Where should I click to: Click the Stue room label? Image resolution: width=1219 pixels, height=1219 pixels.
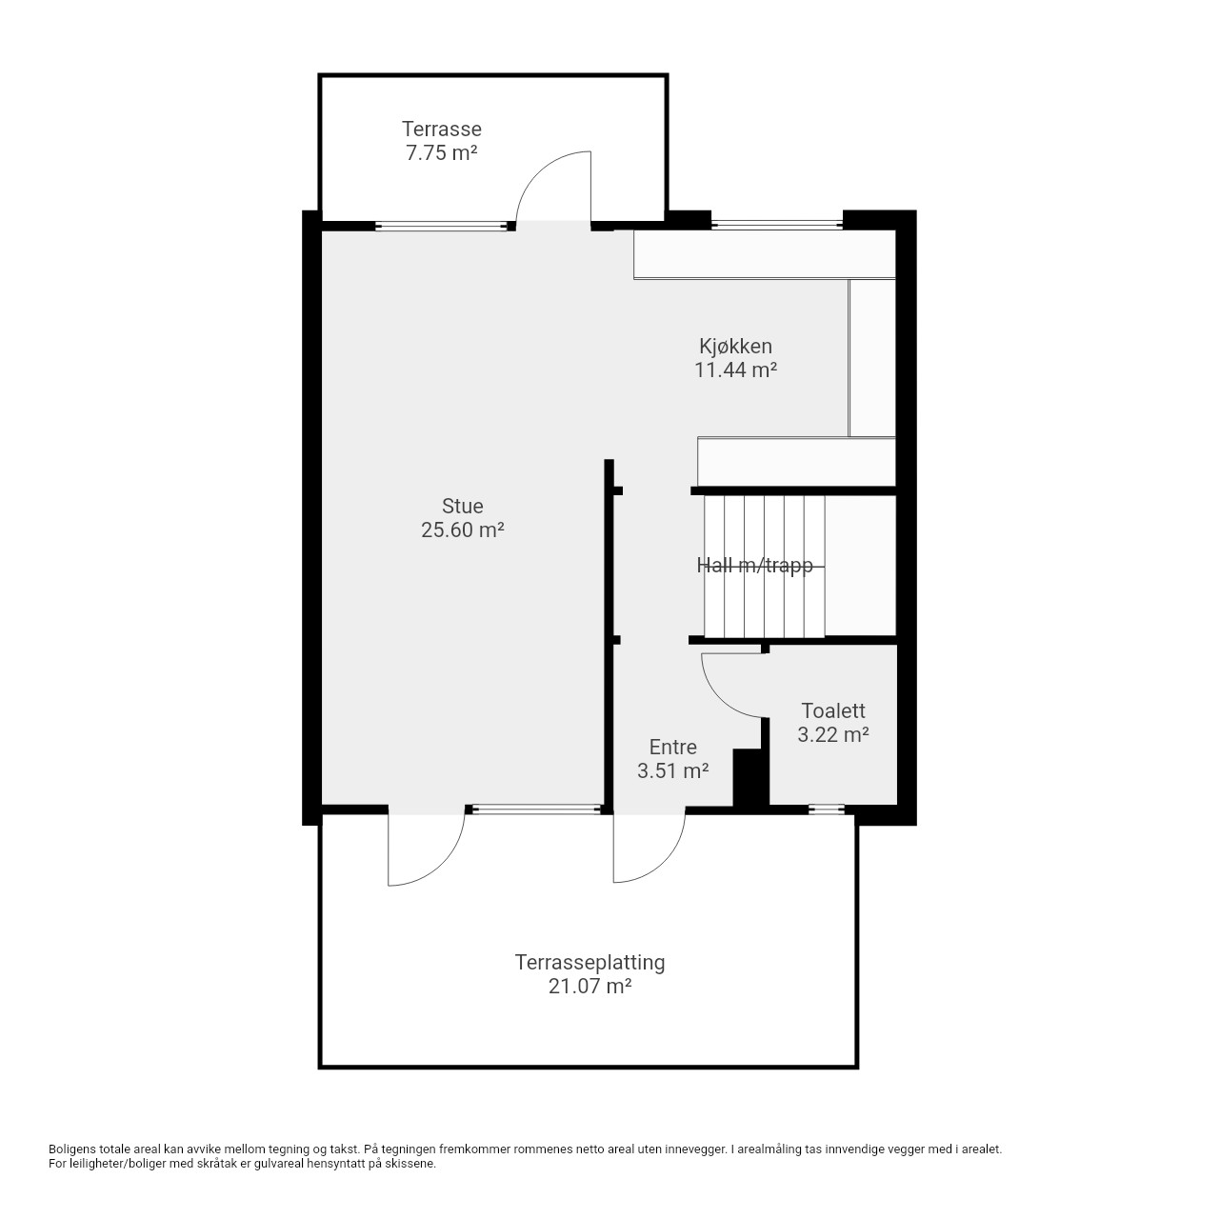tap(463, 506)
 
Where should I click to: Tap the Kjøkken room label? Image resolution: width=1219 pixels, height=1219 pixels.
tap(736, 347)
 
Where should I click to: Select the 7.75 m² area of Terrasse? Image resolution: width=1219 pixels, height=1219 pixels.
tap(442, 153)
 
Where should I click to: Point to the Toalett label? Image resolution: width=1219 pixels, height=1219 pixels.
tap(833, 711)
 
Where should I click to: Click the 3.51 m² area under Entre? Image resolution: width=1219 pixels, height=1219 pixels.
tap(672, 771)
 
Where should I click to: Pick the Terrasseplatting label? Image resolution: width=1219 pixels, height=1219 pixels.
tap(590, 962)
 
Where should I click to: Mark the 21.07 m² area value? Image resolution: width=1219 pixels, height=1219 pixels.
tap(590, 987)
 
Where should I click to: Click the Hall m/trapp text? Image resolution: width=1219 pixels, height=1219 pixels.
tap(754, 565)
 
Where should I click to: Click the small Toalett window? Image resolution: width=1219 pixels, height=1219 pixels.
tap(827, 809)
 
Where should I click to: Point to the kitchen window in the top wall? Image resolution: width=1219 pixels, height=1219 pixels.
tap(777, 224)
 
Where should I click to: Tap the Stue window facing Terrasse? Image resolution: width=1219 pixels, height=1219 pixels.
tap(442, 226)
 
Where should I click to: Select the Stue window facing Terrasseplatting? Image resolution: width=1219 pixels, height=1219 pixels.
tap(536, 809)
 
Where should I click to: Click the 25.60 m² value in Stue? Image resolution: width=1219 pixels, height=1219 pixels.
tap(463, 530)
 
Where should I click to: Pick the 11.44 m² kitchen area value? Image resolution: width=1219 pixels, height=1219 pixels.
tap(736, 370)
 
